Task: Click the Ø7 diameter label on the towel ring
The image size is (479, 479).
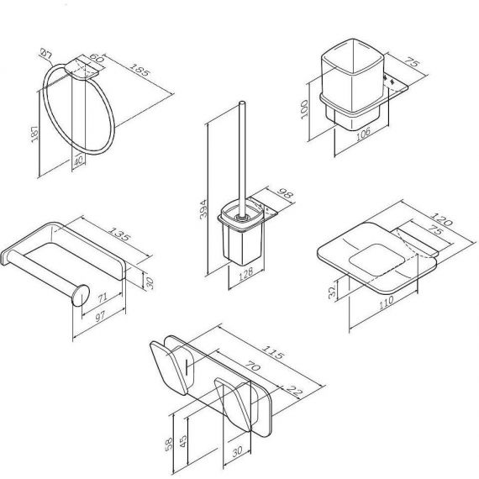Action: pyautogui.click(x=46, y=54)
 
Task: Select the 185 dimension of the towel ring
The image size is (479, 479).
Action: pyautogui.click(x=140, y=70)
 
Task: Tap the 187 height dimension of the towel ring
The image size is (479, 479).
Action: pyautogui.click(x=34, y=133)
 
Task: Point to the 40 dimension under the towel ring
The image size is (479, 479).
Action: pyautogui.click(x=78, y=161)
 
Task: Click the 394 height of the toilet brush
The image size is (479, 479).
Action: pyautogui.click(x=203, y=209)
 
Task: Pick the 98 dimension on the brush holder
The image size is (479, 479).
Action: pyautogui.click(x=286, y=193)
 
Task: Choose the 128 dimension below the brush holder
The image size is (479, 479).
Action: pyautogui.click(x=246, y=273)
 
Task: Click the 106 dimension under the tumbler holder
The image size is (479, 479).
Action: pyautogui.click(x=363, y=134)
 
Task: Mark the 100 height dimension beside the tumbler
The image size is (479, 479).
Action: pyautogui.click(x=304, y=109)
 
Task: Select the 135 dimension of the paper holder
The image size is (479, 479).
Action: pyautogui.click(x=120, y=234)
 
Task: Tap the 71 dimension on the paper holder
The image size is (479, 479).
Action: pyautogui.click(x=103, y=297)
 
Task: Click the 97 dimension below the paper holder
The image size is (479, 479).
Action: pyautogui.click(x=101, y=316)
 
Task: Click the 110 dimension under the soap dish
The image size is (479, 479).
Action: pyautogui.click(x=386, y=303)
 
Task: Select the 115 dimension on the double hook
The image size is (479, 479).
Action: pyautogui.click(x=274, y=351)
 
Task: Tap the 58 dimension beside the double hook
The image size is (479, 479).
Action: pyautogui.click(x=169, y=444)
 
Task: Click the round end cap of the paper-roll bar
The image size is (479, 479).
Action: pyautogui.click(x=81, y=295)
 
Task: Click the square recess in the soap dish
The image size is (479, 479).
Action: pyautogui.click(x=376, y=260)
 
